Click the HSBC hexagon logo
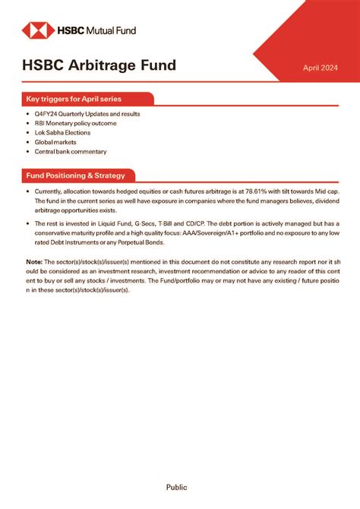[35, 30]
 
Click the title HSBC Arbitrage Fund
[99, 65]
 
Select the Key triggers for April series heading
[74, 99]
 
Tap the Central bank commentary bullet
[71, 151]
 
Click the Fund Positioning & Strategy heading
[75, 175]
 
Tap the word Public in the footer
[176, 487]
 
